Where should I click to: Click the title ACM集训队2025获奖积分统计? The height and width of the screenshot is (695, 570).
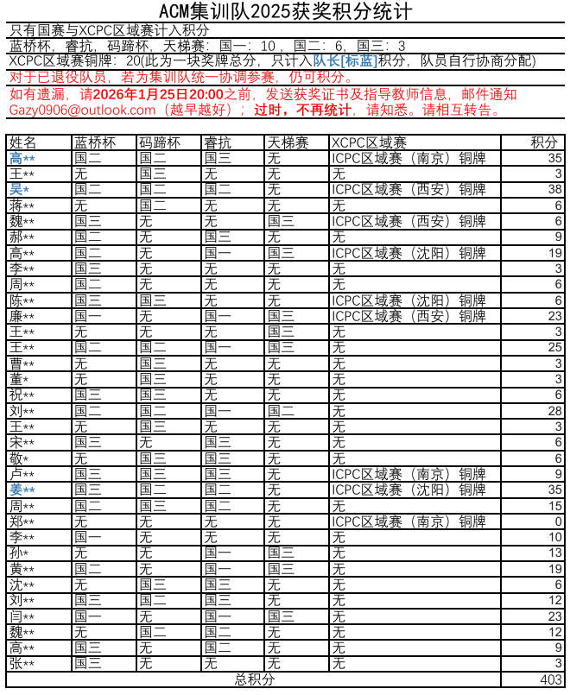[285, 12]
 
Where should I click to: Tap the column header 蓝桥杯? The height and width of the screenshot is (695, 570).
[94, 142]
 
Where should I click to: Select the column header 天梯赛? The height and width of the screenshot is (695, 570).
[288, 142]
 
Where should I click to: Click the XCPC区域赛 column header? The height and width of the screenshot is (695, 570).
[369, 142]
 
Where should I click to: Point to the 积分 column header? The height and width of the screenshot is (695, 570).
[544, 142]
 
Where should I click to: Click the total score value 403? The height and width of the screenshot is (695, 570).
[550, 679]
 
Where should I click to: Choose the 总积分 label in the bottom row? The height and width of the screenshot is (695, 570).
[255, 679]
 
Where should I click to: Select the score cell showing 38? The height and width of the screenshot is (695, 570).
[554, 189]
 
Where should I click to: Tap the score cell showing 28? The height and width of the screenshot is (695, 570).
[554, 411]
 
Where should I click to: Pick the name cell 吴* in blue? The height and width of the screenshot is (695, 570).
[20, 189]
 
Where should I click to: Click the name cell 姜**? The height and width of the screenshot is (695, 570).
[22, 490]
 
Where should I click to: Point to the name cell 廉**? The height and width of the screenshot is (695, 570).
[22, 316]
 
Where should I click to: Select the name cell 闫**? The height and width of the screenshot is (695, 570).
[22, 616]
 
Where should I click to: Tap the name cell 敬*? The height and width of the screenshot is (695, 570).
[20, 458]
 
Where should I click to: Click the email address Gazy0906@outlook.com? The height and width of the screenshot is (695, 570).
[82, 111]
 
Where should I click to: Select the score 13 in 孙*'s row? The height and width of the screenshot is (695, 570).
[554, 553]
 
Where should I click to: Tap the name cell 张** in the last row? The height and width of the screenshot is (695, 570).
[22, 664]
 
